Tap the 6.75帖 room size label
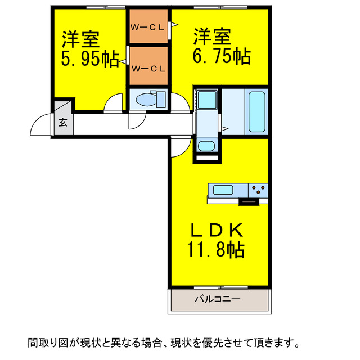click(222, 57)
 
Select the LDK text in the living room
click(217, 230)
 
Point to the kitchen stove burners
click(258, 190)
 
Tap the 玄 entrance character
click(63, 123)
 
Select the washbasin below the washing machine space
click(206, 147)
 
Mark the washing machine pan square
click(207, 101)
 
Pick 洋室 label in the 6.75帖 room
click(213, 37)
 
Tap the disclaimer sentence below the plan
click(163, 342)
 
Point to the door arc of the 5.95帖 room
click(114, 103)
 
